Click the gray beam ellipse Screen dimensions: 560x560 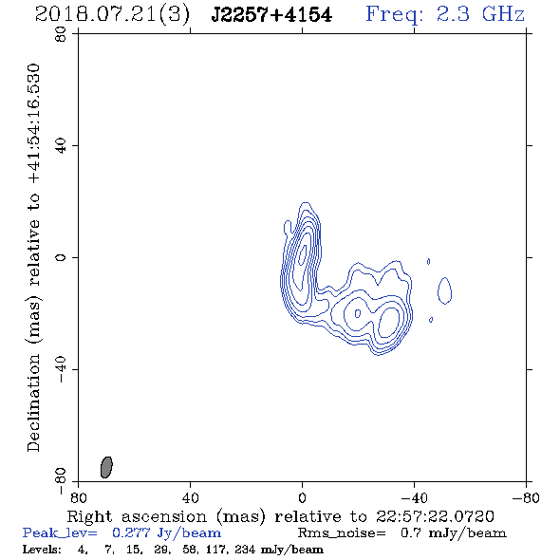click(106, 467)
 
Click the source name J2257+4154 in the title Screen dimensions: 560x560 click(271, 15)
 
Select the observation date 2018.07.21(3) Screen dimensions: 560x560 click(112, 15)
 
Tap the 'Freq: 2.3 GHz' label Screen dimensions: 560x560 click(445, 14)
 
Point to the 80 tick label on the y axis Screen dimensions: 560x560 click(61, 34)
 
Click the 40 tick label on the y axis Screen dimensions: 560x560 click(61, 146)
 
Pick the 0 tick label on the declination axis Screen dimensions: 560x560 click(61, 257)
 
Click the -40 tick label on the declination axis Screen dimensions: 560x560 click(61, 369)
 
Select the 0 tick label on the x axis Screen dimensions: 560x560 click(302, 498)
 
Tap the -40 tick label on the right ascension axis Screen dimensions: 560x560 click(414, 498)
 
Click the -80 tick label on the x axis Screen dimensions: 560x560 click(526, 498)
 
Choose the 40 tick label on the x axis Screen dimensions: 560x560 click(190, 498)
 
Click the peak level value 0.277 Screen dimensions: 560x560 click(131, 532)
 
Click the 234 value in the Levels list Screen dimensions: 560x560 click(245, 549)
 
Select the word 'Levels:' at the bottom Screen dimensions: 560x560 click(42, 549)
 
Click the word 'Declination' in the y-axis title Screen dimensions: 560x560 click(33, 402)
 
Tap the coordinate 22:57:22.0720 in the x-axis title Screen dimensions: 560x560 click(435, 516)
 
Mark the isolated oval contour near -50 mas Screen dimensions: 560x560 click(444, 290)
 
